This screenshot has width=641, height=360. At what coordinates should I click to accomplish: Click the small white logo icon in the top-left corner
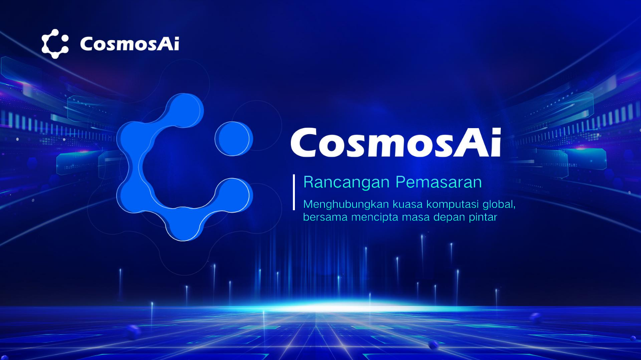click(x=55, y=44)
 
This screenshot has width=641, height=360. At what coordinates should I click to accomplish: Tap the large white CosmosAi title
click(x=396, y=143)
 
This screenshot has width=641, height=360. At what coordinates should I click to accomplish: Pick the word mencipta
click(x=375, y=218)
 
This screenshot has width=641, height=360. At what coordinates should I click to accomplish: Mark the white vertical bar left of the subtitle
click(x=294, y=192)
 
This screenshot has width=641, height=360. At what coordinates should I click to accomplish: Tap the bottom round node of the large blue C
click(x=183, y=225)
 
